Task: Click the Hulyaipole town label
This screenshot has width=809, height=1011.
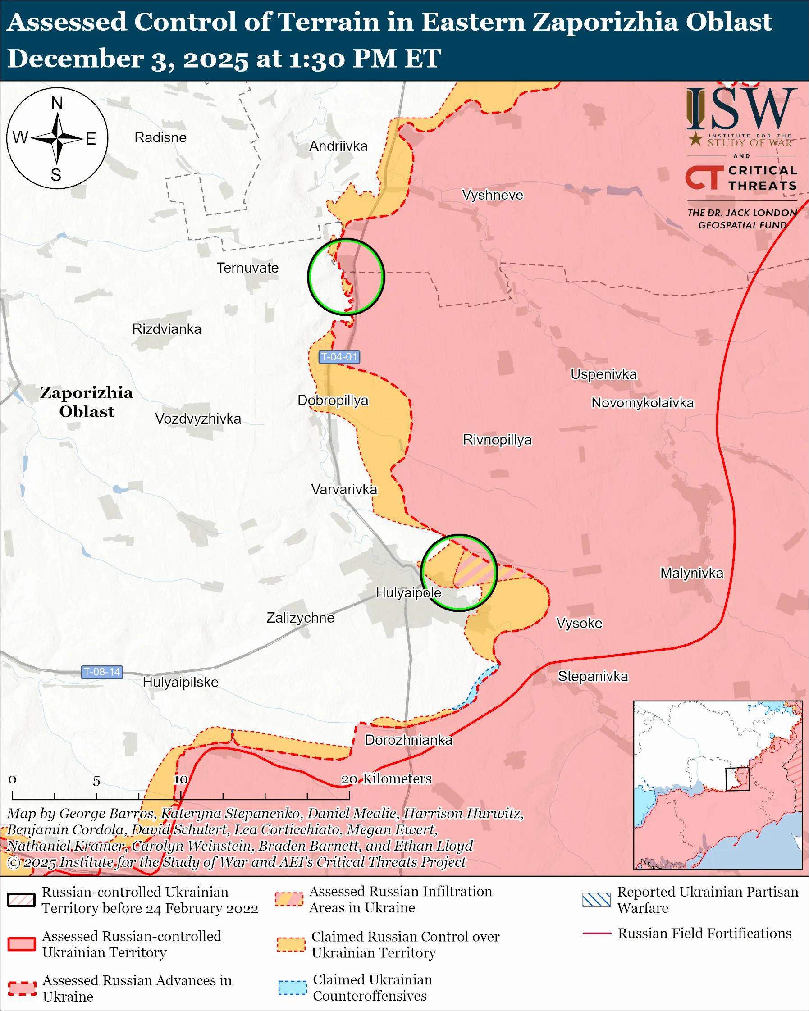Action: pyautogui.click(x=408, y=593)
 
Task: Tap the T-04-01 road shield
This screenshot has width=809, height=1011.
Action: pyautogui.click(x=339, y=357)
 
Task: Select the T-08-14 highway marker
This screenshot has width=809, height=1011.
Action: pyautogui.click(x=102, y=672)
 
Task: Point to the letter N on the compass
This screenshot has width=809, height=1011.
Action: pyautogui.click(x=57, y=103)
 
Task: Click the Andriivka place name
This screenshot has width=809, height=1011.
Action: pyautogui.click(x=338, y=146)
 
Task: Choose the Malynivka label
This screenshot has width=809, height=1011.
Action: pyautogui.click(x=692, y=573)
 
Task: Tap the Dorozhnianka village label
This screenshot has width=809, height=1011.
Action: pyautogui.click(x=408, y=740)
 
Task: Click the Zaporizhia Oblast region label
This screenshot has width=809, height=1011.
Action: pyautogui.click(x=86, y=402)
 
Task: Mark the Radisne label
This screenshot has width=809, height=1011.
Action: pyautogui.click(x=160, y=137)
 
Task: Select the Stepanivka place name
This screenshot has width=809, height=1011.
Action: pyautogui.click(x=593, y=676)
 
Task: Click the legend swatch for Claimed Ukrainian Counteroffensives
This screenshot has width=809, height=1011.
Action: pyautogui.click(x=292, y=987)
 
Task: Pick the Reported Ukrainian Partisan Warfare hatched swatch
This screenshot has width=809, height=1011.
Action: pyautogui.click(x=596, y=900)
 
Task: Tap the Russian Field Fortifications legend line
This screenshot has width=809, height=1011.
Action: pyautogui.click(x=597, y=933)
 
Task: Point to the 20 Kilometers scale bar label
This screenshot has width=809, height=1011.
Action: pyautogui.click(x=385, y=779)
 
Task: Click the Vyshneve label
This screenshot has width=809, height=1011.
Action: pyautogui.click(x=493, y=195)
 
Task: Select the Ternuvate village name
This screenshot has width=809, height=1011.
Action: pyautogui.click(x=247, y=268)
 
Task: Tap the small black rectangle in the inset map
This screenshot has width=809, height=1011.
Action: pyautogui.click(x=737, y=779)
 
